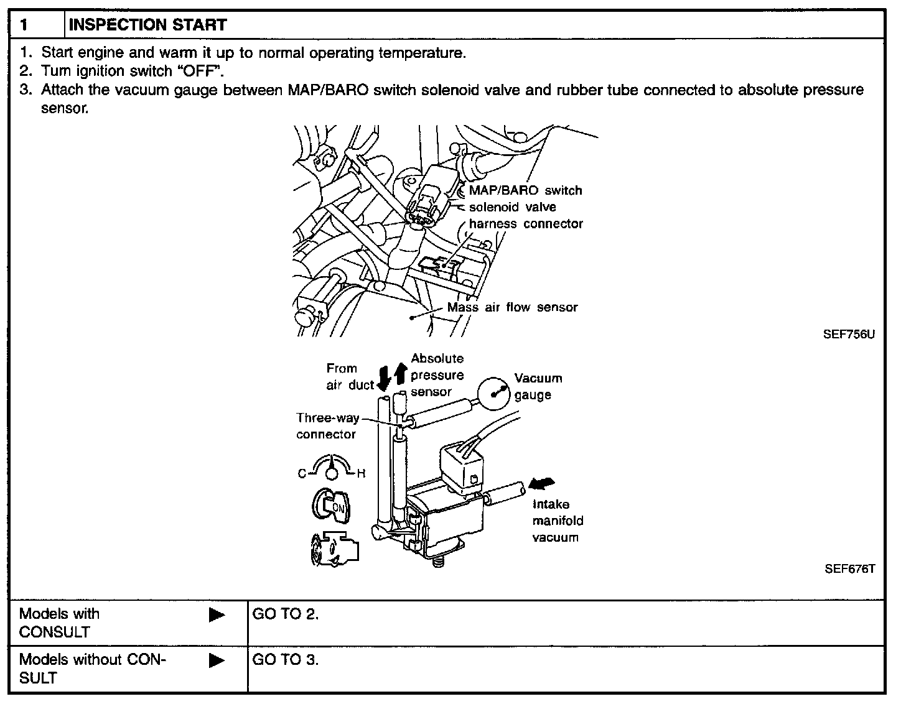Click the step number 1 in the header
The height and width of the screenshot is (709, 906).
24,25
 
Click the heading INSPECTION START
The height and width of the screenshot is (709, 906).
147,25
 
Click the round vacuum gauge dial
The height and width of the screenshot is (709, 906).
495,394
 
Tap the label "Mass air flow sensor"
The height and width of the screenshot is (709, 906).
512,307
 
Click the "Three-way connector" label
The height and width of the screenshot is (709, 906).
327,426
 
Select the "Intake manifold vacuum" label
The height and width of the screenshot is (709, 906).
558,521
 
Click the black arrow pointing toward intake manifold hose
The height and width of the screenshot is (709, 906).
541,484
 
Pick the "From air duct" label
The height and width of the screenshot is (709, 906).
348,377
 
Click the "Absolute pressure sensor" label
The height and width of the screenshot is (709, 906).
437,375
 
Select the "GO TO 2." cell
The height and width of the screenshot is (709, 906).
286,614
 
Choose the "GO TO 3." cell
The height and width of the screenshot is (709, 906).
286,660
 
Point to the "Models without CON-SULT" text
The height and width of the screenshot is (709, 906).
92,669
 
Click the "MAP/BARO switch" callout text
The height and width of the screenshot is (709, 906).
525,190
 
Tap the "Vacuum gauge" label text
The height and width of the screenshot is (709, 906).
538,386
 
